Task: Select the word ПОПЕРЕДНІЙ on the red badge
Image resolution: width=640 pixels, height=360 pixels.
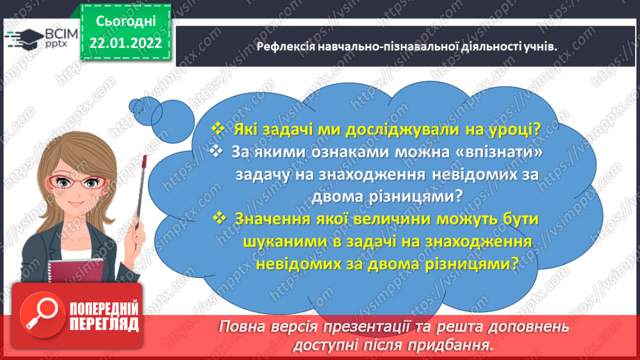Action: pos(103,309)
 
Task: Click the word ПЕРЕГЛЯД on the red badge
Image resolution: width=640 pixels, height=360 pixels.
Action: pos(103,325)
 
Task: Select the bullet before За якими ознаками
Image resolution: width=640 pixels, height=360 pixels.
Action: pos(218,152)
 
